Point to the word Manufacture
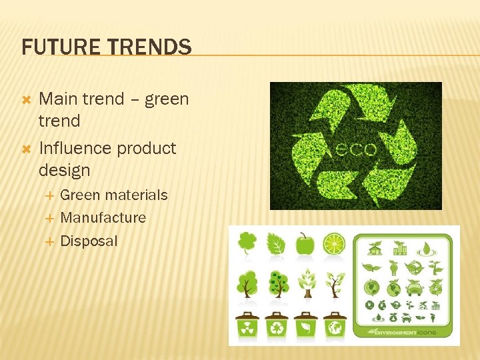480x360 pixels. (x=103, y=217)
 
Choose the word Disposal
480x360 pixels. (x=89, y=241)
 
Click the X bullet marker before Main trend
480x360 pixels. (x=27, y=99)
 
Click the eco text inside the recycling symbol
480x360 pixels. (x=359, y=148)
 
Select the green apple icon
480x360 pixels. (x=305, y=244)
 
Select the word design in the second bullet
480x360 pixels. (x=64, y=171)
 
